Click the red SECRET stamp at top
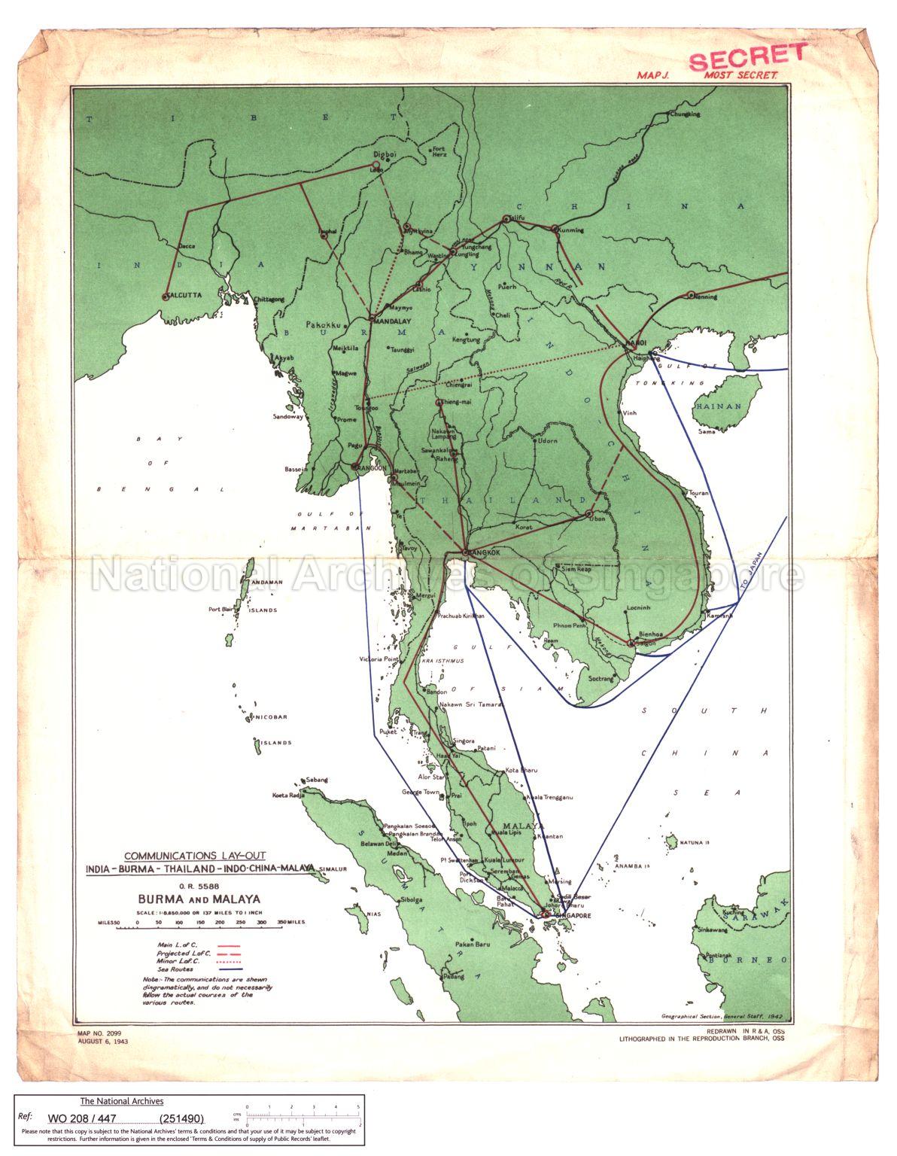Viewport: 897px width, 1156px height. click(x=747, y=57)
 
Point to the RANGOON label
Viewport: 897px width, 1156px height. click(x=372, y=467)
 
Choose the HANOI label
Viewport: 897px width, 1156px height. click(x=636, y=343)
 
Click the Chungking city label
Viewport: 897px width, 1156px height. click(x=684, y=114)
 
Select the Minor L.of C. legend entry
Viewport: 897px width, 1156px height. click(x=176, y=961)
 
